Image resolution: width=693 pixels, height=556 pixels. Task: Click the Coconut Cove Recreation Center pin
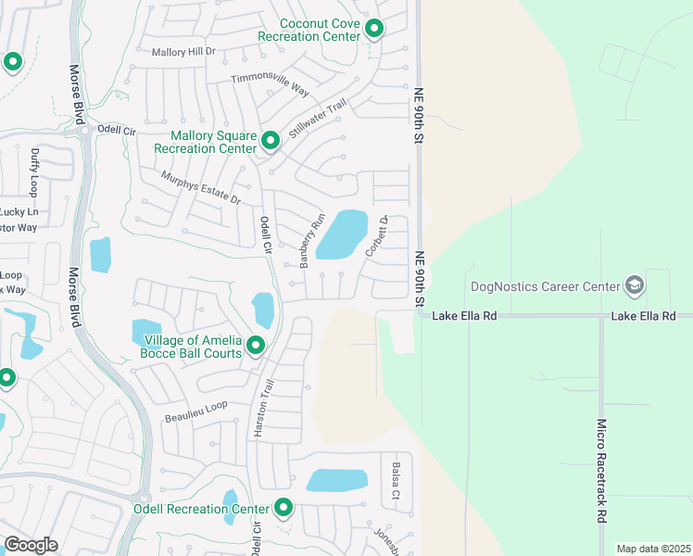pos(374,30)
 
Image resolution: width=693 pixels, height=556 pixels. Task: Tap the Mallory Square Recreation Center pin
pos(271,141)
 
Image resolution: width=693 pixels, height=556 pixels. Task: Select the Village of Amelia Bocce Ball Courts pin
pos(255,346)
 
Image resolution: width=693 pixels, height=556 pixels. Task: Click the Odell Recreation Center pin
pos(283,508)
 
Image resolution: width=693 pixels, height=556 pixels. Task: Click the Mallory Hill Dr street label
pos(183,52)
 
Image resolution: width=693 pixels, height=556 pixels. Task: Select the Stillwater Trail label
pos(317,120)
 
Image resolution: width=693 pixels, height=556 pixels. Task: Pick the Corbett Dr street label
pos(374,236)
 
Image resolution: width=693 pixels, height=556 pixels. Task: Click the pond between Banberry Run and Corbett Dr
pos(342,234)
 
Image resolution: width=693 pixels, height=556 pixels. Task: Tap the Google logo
pos(31,545)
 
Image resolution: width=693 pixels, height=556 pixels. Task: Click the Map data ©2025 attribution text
pos(653,549)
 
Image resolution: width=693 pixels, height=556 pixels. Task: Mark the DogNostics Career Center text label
pos(544,286)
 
